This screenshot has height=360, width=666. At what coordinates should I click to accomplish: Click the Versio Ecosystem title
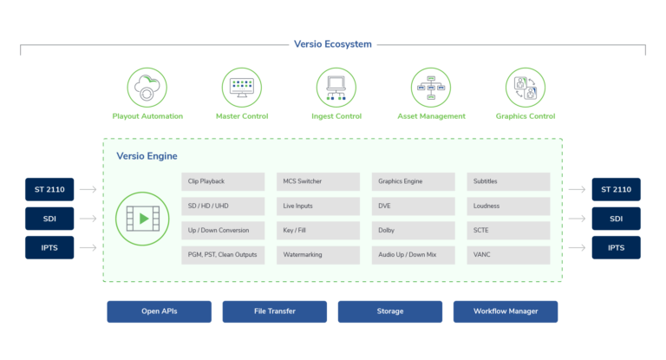click(x=333, y=44)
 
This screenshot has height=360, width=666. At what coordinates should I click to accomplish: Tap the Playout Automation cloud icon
click(x=147, y=87)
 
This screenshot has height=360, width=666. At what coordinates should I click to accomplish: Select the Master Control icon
click(x=242, y=87)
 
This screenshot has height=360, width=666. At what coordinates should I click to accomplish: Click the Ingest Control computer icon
click(x=336, y=87)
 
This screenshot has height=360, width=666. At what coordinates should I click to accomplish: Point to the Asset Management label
click(x=431, y=116)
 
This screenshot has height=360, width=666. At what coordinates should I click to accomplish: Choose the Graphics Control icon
click(x=525, y=87)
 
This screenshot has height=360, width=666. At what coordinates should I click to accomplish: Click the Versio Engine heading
click(x=147, y=156)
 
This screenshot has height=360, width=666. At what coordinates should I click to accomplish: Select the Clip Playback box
click(x=223, y=181)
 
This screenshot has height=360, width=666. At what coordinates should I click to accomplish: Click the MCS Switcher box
click(x=318, y=181)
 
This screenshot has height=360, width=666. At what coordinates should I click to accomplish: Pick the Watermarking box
click(x=318, y=255)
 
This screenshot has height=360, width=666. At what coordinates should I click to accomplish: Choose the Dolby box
click(x=413, y=231)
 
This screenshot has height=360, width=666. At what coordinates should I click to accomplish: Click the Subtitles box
click(x=508, y=181)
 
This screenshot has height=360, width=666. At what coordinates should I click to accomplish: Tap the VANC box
click(x=508, y=255)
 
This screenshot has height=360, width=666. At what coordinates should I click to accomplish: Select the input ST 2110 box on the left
click(x=49, y=189)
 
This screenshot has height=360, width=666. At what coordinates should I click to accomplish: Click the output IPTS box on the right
click(x=616, y=247)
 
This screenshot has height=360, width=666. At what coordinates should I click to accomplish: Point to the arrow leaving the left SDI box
click(x=88, y=219)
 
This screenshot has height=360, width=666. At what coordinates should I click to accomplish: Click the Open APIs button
click(x=159, y=311)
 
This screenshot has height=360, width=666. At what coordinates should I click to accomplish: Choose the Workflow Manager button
click(x=505, y=311)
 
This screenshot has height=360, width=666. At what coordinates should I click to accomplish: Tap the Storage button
click(x=389, y=311)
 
